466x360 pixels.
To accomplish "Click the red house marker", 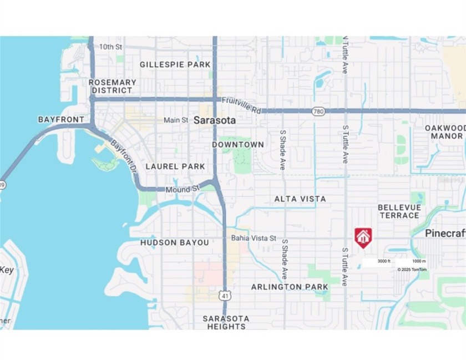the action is pos(363,236).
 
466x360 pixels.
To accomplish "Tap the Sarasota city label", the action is pos(214,120).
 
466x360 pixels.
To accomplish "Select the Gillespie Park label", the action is pos(175,64).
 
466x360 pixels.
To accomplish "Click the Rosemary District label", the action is pos(113,86).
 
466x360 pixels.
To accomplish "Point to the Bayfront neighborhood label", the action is pos(61,119).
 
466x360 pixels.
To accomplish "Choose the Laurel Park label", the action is pos(175,166).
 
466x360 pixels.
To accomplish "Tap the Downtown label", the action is pos(238,144).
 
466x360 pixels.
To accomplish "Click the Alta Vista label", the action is pos(300,199).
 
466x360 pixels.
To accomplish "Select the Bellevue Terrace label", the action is pos(399,211).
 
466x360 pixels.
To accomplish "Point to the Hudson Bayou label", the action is pos(174,242).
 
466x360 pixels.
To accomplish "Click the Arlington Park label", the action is pos(290,287).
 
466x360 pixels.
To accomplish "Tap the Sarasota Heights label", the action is pos(226,322).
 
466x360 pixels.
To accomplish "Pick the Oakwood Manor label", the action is pos(444,131).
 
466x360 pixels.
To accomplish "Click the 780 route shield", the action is pos(318,111).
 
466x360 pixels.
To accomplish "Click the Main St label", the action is pos(175,120).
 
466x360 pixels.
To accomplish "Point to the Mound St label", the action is pos(182,189).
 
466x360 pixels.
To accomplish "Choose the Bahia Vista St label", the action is pos(254,238).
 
